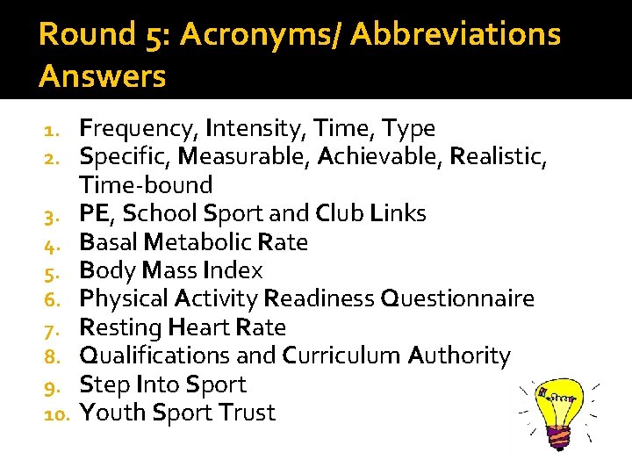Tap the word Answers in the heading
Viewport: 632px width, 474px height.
point(102,77)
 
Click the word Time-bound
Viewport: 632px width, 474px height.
point(146,185)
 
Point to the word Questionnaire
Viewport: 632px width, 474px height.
point(456,298)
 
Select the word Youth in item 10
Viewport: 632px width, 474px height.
point(112,413)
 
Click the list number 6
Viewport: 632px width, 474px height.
point(52,299)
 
